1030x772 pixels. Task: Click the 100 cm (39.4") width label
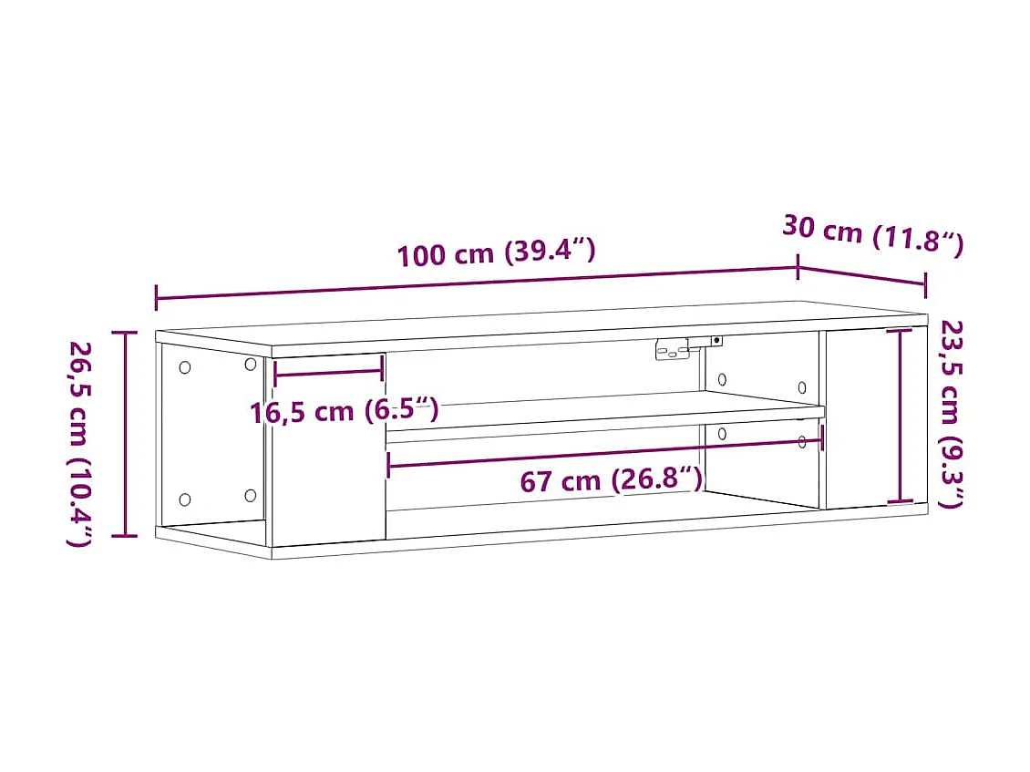click(496, 252)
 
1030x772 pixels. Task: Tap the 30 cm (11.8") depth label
click(871, 235)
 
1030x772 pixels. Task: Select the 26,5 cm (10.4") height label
click(80, 443)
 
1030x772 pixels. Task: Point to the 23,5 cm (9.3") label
click(950, 413)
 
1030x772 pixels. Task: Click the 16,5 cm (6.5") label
click(345, 411)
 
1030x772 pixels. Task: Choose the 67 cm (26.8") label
click(611, 479)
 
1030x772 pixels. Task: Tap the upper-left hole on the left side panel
click(185, 367)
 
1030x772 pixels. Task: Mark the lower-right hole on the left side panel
click(251, 496)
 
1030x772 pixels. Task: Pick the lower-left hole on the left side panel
click(185, 499)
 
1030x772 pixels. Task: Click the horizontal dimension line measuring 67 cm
click(605, 452)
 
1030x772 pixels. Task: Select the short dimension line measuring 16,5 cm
click(328, 371)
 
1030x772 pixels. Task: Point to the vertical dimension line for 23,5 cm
click(901, 416)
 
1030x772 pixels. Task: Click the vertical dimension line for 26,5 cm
click(125, 434)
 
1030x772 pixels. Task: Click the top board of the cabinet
click(547, 326)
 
